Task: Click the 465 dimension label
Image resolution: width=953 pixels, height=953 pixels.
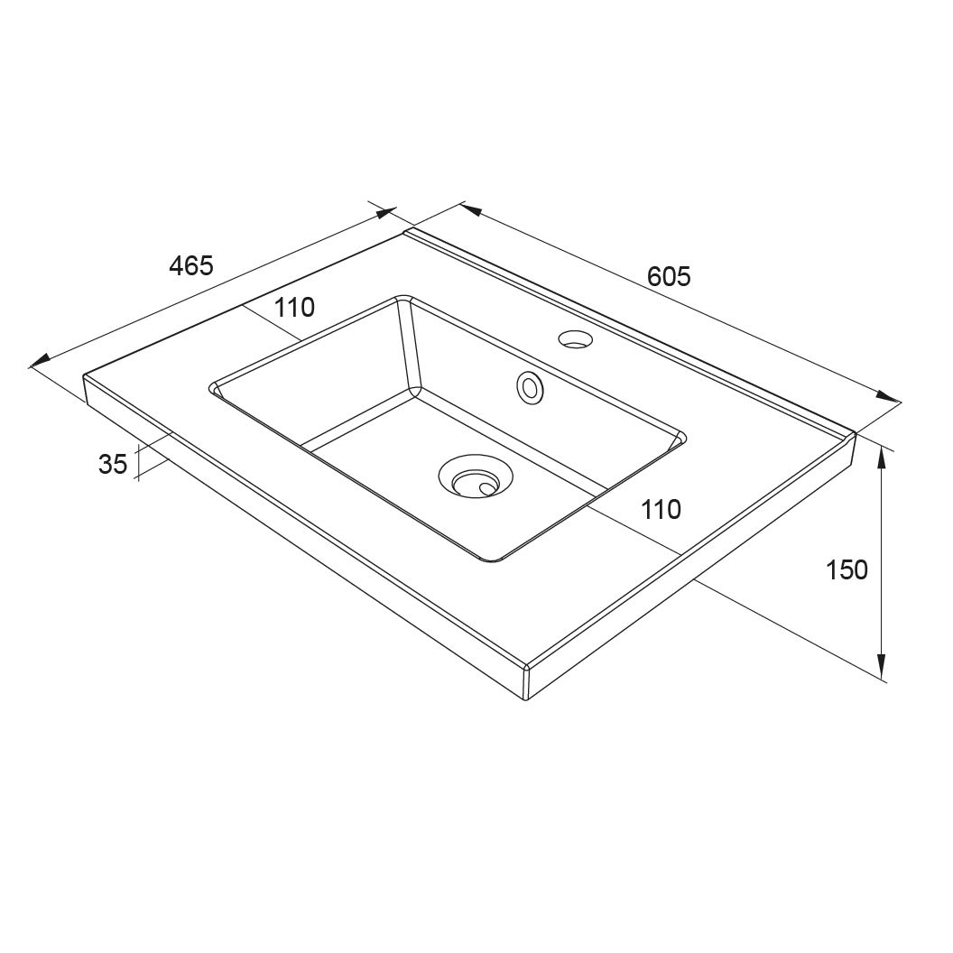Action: click(191, 265)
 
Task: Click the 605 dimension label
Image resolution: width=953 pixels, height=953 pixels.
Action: click(669, 276)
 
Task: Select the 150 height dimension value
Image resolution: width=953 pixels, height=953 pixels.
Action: click(847, 569)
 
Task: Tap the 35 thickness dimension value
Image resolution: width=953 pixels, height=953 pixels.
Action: click(113, 465)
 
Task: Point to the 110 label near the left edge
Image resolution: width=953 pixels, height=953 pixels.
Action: click(294, 308)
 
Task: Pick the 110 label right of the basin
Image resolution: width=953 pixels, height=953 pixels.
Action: click(662, 509)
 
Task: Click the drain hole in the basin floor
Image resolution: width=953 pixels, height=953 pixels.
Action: click(476, 476)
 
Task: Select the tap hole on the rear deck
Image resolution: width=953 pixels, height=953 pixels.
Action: click(576, 339)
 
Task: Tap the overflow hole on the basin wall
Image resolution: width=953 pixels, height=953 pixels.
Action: click(530, 387)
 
